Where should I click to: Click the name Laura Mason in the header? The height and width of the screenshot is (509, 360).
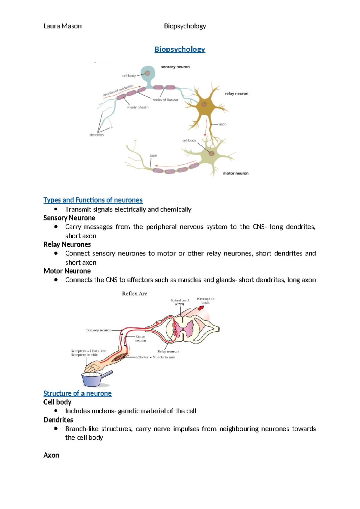62,26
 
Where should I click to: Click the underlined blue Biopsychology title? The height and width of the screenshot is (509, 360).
180,49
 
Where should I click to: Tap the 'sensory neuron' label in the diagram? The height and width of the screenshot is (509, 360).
175,67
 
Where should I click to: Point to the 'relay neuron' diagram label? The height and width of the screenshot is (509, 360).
236,94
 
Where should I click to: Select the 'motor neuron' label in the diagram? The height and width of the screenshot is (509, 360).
235,173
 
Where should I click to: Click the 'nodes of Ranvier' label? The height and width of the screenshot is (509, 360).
165,100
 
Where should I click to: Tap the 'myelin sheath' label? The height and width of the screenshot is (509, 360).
138,107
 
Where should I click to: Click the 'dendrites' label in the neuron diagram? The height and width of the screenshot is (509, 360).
97,135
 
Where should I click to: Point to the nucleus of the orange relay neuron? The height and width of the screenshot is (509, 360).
204,104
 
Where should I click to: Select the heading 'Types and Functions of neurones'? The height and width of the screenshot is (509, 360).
93,200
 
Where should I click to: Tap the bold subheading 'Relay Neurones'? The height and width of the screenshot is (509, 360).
67,244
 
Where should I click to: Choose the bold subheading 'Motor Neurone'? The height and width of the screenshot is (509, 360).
67,271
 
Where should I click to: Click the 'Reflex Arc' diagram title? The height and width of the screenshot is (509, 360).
134,294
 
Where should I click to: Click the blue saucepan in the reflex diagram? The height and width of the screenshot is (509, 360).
93,379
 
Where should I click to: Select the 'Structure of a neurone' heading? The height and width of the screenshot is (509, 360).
77,393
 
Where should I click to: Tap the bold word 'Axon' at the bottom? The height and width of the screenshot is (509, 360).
51,455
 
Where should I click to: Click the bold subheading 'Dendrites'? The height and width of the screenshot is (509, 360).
58,420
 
